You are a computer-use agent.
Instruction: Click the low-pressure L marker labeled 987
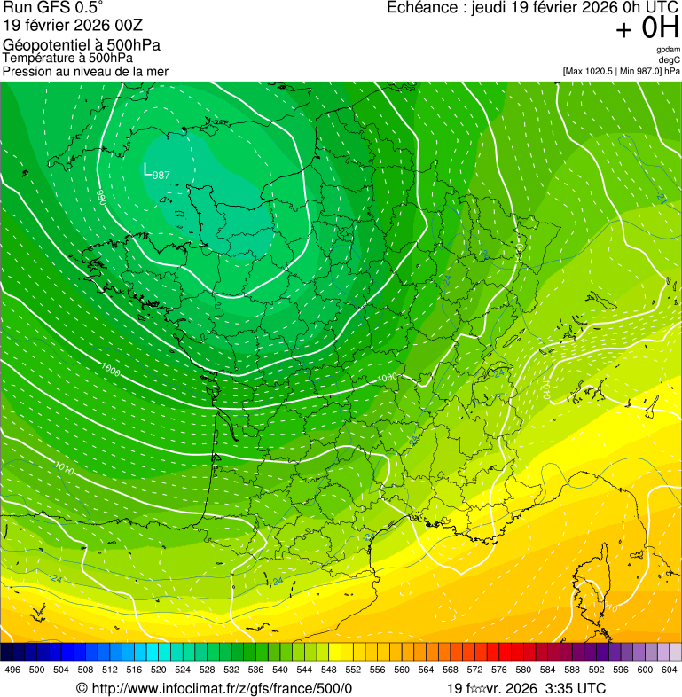tap(149, 169)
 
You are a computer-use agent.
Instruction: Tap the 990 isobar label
tap(101, 197)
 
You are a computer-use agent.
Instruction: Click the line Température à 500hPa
tap(67, 58)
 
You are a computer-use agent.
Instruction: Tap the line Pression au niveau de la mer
tap(85, 71)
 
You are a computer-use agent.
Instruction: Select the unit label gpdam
tap(668, 50)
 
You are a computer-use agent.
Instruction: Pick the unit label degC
tap(669, 59)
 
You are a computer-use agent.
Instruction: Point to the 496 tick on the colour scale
tap(12, 670)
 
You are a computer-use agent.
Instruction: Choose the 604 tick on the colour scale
tap(670, 670)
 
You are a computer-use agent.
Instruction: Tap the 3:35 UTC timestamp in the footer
tap(576, 688)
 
